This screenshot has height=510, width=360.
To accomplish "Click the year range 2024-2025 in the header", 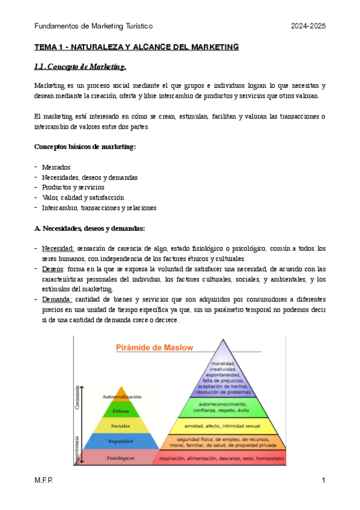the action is coord(308,26).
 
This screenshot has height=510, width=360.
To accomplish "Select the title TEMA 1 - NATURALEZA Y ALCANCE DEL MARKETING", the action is coord(136,46).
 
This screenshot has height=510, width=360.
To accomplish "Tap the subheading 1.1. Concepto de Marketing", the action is coord(79,66).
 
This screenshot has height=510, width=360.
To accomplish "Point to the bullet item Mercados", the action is coord(56,167).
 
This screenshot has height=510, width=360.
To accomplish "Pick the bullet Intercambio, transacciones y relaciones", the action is coord(99,207).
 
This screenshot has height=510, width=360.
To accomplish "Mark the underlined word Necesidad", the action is coord(58,248).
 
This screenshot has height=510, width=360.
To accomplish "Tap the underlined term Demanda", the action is coord(56,300).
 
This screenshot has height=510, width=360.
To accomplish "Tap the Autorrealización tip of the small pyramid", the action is coord(121,397).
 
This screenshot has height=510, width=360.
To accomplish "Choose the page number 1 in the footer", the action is coord(323,481).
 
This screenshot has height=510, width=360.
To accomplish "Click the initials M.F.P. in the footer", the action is coord(43,481).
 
